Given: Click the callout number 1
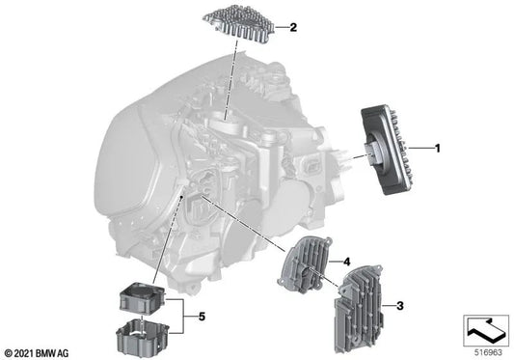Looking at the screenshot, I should [x=438, y=148].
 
